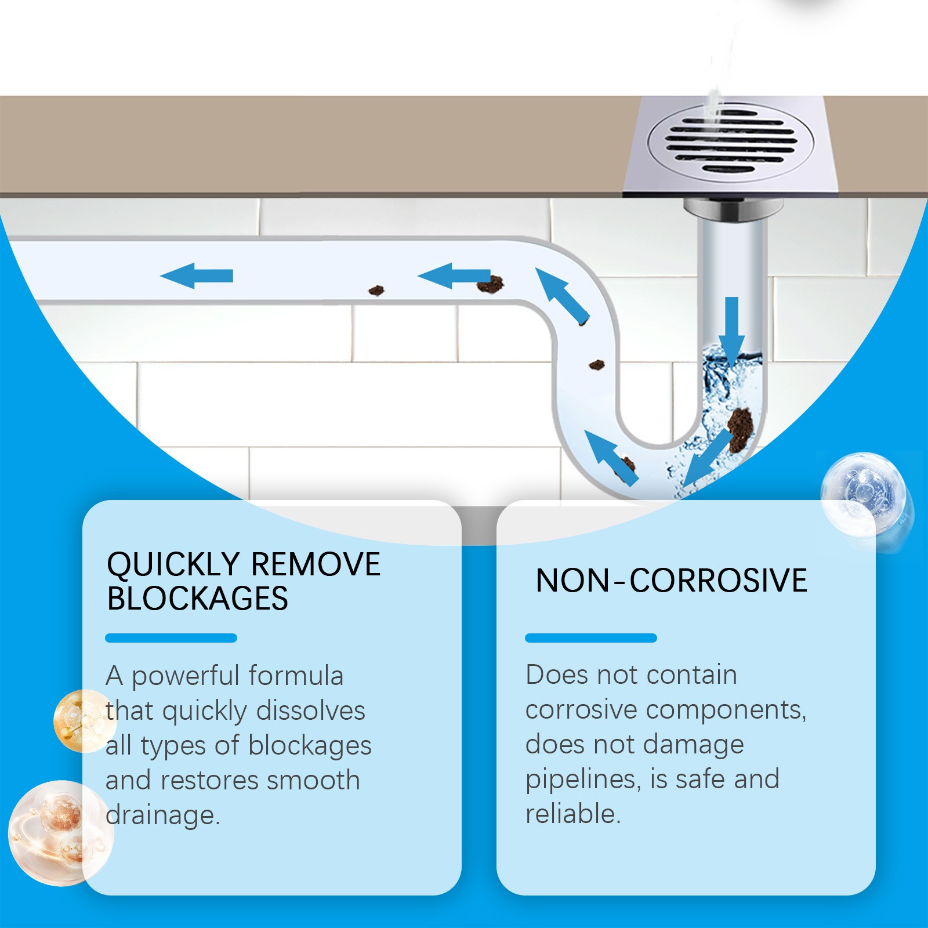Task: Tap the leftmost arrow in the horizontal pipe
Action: pos(197,275)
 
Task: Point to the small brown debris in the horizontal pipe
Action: pos(376,290)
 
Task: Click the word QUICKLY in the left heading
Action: pos(173,564)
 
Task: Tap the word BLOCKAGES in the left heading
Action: pos(197,599)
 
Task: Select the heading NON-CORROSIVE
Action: pos(671,581)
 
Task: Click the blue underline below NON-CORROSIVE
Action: pos(590,638)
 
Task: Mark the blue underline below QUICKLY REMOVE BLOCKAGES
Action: pos(171,638)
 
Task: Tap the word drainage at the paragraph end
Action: pos(162,815)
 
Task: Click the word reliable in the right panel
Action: pos(572,814)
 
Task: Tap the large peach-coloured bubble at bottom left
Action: pos(58,832)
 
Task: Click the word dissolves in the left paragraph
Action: pos(311,711)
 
